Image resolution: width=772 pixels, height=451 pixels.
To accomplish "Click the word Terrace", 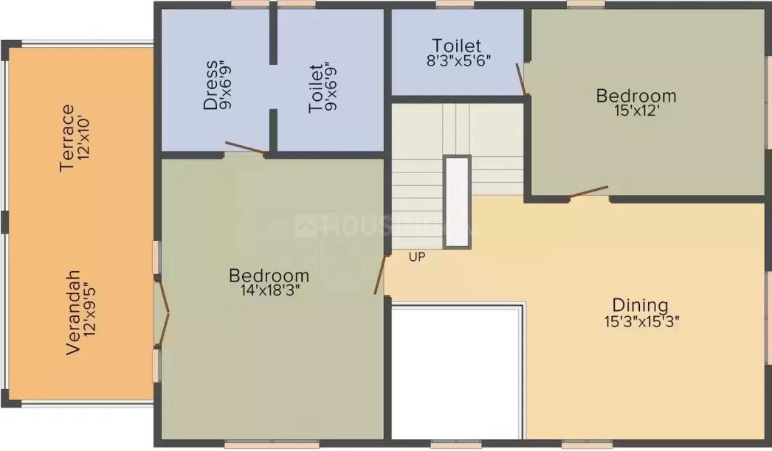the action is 67,138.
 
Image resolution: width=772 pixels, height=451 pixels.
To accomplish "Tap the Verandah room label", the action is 73,312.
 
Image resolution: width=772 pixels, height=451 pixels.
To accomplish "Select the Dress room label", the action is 210,85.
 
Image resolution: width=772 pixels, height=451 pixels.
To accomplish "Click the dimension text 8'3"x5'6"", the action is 458,60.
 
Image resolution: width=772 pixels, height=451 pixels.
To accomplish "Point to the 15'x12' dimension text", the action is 636,110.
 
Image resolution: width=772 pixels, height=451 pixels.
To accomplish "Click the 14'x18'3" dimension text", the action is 270,290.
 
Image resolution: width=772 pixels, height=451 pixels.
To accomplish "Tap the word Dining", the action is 640,306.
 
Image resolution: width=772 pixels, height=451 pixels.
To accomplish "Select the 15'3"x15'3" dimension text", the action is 642,321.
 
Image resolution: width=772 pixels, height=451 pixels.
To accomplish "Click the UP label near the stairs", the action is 417,256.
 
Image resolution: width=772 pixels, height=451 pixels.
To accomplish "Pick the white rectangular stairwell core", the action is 458,202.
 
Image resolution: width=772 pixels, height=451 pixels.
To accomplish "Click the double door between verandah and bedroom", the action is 163,313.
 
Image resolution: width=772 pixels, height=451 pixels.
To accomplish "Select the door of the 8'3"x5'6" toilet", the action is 521,79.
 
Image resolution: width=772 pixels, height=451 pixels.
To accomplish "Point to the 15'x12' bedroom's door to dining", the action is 590,192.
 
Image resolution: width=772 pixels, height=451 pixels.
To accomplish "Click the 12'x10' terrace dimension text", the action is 83,138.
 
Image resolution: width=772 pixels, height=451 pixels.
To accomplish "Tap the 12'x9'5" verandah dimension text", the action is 89,310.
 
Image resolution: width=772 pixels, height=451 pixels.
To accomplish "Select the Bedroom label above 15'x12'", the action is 636,95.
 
